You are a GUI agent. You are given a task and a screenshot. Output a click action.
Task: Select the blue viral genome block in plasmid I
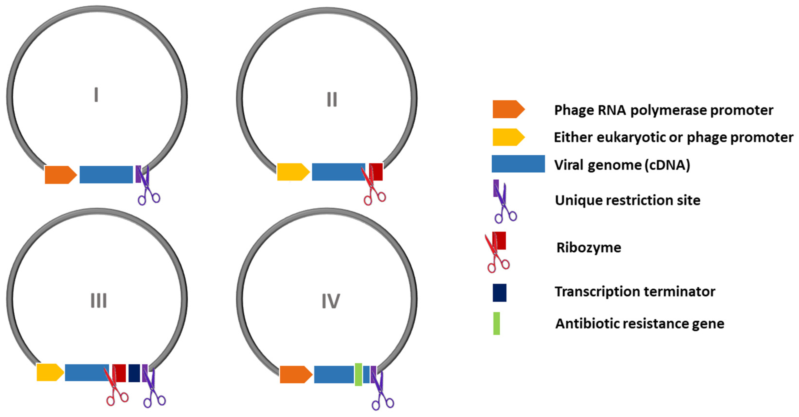(106, 174)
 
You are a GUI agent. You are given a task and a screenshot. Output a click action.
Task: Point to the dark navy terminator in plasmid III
(134, 373)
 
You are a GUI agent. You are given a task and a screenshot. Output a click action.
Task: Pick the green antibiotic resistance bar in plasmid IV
(358, 375)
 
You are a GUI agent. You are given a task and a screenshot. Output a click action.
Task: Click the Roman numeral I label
(96, 95)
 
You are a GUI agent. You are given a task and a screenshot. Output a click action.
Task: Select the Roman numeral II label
(332, 100)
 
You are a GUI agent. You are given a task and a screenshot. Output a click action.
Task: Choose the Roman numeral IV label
(331, 301)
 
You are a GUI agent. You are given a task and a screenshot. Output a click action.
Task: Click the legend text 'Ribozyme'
(589, 248)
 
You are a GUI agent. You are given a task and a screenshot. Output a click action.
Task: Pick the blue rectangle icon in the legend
(518, 164)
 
